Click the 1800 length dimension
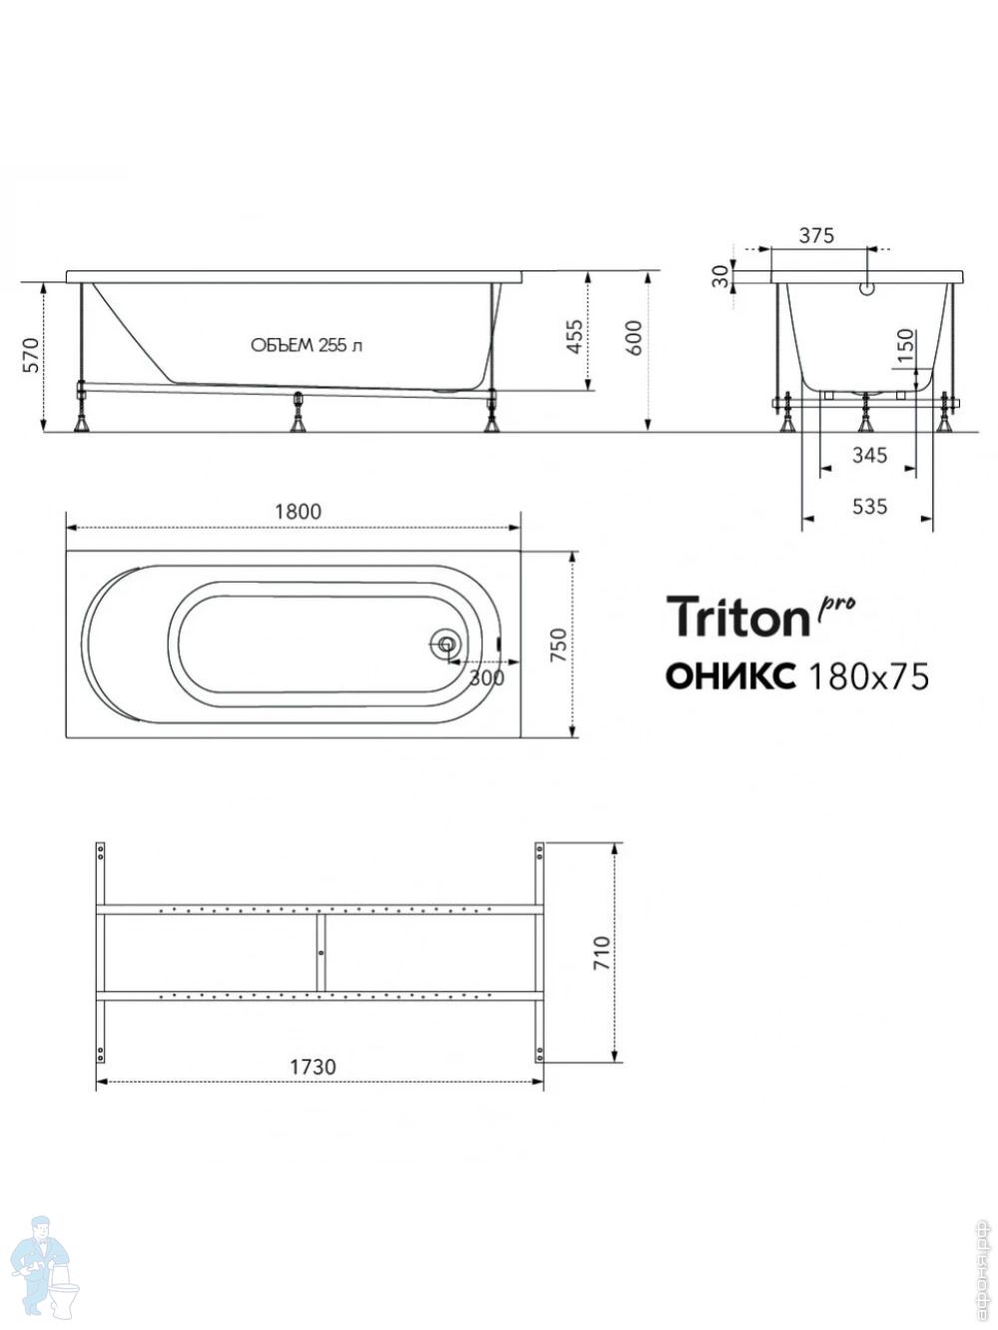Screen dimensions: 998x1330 297,512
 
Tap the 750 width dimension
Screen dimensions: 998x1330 559,645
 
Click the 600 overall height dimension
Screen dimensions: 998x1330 633,337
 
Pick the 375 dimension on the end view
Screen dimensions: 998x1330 816,235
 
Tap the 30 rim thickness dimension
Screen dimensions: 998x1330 721,277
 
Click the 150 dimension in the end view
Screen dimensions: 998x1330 904,345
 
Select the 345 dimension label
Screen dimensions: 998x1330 869,454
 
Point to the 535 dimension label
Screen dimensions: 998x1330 869,506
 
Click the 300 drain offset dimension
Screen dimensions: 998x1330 487,677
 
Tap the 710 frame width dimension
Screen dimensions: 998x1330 601,953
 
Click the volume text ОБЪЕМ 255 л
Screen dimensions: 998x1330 306,345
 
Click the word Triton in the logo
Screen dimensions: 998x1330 739,616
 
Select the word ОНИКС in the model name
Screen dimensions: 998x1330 731,676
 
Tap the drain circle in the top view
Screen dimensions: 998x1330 446,643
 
